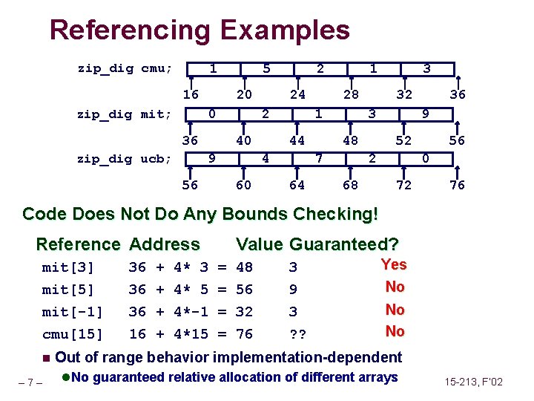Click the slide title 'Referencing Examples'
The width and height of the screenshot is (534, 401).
click(199, 30)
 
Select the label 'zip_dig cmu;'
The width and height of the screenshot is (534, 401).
click(125, 69)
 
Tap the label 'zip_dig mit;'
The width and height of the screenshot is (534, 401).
click(125, 114)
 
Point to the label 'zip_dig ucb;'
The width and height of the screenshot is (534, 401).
click(125, 159)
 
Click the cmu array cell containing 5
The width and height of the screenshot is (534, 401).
click(266, 69)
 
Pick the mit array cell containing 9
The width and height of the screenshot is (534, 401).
click(424, 114)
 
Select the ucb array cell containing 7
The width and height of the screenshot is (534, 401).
click(319, 159)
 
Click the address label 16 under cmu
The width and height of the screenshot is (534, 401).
click(191, 94)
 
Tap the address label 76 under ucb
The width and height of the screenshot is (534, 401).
click(458, 185)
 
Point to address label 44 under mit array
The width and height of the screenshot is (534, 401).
click(297, 140)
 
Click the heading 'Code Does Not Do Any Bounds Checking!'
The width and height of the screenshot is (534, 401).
click(200, 215)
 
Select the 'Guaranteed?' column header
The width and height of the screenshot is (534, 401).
click(344, 244)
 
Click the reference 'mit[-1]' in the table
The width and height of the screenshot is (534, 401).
click(72, 312)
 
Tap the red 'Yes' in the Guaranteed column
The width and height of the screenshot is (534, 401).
click(393, 264)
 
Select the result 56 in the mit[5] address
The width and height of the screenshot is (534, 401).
click(244, 290)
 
